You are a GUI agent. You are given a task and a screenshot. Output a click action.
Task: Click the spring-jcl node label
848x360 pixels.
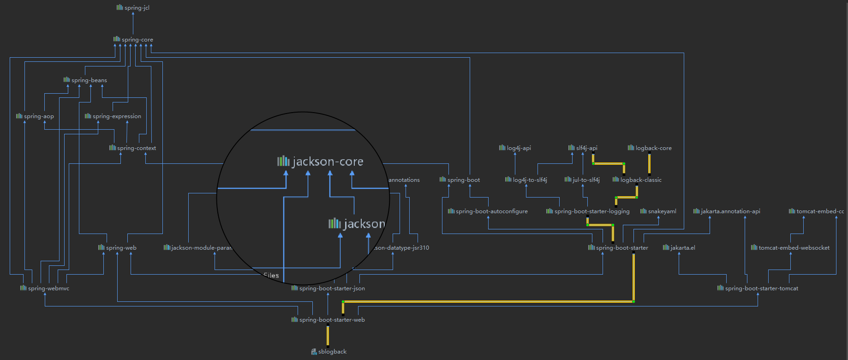(137, 8)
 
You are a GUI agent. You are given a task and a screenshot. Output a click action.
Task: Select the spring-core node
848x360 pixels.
(137, 40)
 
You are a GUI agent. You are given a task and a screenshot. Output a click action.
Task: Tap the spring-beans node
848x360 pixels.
(89, 80)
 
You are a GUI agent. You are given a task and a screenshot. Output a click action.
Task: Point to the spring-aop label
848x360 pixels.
(39, 116)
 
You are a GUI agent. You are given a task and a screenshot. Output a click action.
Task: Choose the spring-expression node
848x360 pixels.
(117, 116)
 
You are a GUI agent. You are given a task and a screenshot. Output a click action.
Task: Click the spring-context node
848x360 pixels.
(136, 148)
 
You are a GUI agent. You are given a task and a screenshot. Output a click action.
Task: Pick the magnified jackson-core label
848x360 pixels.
(328, 162)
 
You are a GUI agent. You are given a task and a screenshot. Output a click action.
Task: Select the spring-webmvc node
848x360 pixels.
(48, 288)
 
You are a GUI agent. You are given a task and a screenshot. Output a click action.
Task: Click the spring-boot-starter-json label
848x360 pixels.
(332, 288)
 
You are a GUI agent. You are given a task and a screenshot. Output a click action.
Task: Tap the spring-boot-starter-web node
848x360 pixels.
(332, 320)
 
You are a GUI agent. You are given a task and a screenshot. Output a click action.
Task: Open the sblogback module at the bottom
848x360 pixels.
(332, 352)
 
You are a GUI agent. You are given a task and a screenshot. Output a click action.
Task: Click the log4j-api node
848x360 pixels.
(519, 148)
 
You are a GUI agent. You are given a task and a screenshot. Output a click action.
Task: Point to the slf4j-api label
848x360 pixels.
(586, 148)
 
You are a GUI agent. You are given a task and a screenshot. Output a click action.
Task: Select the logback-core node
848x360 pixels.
(653, 148)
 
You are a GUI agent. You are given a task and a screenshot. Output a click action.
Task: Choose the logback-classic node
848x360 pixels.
(641, 180)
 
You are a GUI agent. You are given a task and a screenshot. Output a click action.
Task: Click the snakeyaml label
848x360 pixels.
(662, 211)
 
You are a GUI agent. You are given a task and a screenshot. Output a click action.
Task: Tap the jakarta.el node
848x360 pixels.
(682, 248)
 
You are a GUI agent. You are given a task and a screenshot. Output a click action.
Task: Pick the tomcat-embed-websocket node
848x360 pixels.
(794, 248)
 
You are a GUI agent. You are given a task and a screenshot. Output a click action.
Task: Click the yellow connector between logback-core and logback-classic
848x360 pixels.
(649, 164)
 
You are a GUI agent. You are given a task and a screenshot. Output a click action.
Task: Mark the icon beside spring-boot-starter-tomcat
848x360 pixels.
(720, 288)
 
